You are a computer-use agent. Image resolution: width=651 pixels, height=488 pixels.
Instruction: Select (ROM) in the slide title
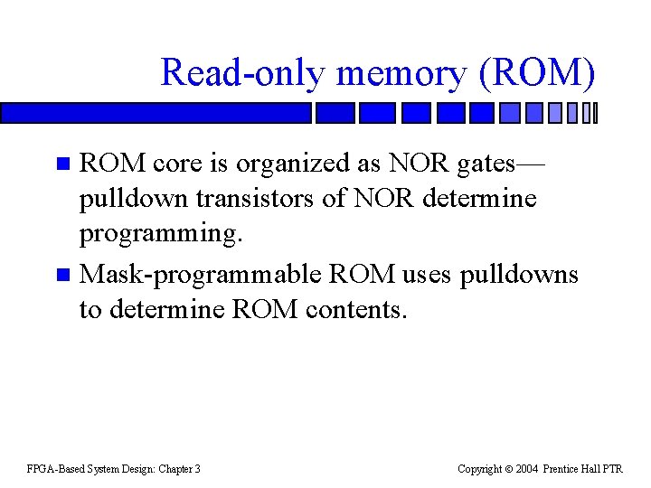click(x=539, y=72)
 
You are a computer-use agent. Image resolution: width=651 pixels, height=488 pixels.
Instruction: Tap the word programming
click(x=161, y=233)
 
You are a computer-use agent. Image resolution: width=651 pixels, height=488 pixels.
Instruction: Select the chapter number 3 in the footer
click(x=197, y=469)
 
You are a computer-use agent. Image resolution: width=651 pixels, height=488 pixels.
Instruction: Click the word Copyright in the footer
click(x=479, y=469)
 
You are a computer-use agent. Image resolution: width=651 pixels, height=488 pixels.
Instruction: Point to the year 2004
click(x=527, y=469)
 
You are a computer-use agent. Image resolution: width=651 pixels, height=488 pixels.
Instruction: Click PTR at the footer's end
click(x=613, y=469)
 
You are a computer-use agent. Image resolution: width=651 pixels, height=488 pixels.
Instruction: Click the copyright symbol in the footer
click(x=509, y=469)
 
